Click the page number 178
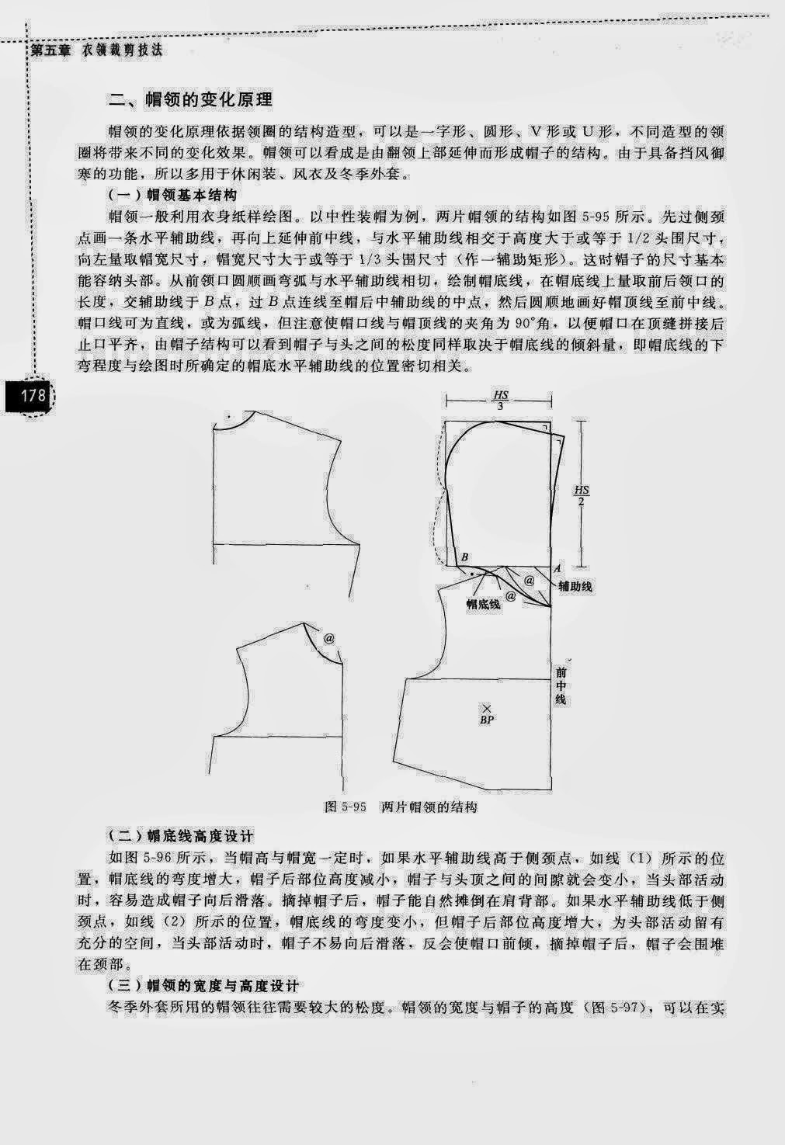click(x=33, y=396)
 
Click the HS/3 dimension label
click(x=501, y=401)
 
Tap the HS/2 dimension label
click(x=581, y=495)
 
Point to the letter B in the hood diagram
click(x=464, y=557)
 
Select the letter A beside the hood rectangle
click(x=557, y=568)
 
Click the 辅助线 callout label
click(x=575, y=587)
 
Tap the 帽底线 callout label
click(x=483, y=605)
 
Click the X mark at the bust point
click(x=487, y=708)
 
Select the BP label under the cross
click(x=487, y=720)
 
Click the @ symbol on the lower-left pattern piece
click(x=329, y=639)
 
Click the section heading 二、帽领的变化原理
click(x=190, y=100)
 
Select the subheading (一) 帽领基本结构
click(x=172, y=196)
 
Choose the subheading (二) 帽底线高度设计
click(x=181, y=837)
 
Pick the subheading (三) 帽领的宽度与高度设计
click(x=203, y=986)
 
